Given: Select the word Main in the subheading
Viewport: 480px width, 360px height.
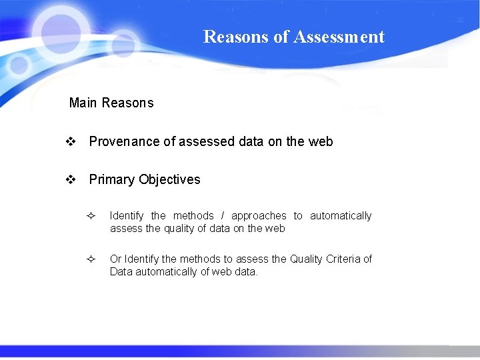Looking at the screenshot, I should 83,103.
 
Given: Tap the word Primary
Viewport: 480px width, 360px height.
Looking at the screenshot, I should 111,179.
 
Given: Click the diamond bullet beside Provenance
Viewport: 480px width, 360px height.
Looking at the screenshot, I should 70,141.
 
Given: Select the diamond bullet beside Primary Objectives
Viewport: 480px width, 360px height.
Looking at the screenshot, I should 70,179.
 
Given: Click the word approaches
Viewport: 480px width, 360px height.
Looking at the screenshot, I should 259,215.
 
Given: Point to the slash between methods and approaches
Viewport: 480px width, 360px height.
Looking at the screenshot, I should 223,215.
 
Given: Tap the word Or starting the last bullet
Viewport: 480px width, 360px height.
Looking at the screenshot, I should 116,259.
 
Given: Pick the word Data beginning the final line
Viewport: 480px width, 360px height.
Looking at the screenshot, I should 121,271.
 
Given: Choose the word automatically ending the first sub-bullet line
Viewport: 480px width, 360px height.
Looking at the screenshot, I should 341,215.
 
